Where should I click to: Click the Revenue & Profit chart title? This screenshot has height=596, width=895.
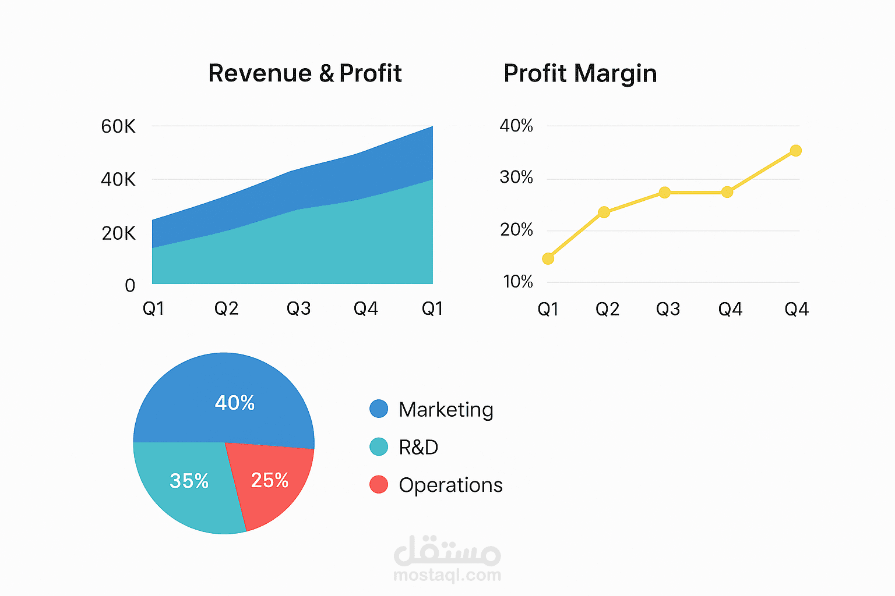(305, 73)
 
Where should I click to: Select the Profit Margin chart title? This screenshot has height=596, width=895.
(580, 73)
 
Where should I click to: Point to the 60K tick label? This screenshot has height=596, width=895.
(118, 126)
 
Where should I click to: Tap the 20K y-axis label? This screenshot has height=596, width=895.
(118, 233)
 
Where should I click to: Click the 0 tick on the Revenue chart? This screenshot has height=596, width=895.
(130, 285)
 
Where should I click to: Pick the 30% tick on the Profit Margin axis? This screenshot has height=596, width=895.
(516, 177)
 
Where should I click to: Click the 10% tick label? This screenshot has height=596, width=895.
(518, 282)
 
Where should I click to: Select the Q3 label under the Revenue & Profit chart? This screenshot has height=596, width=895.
(298, 308)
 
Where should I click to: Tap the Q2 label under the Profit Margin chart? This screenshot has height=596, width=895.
(607, 309)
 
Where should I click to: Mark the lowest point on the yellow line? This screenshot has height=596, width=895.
(548, 258)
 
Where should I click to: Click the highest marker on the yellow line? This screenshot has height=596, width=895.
(795, 151)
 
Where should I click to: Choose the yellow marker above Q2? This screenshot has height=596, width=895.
(604, 212)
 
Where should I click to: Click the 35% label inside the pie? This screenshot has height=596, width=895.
(189, 481)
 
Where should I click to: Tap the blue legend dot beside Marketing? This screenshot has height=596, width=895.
(379, 409)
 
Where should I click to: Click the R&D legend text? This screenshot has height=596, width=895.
(418, 447)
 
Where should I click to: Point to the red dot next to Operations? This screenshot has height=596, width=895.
(379, 484)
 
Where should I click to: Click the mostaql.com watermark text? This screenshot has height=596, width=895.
(447, 575)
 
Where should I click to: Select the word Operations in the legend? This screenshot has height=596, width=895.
(450, 485)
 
